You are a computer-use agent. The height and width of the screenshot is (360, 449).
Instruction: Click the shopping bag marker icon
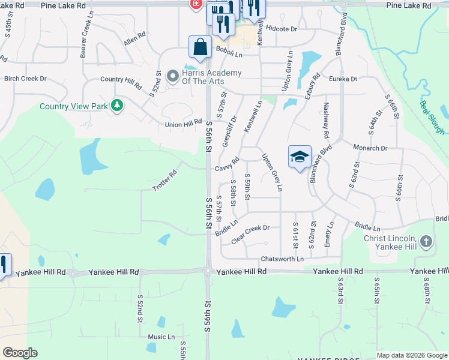coord(200,47)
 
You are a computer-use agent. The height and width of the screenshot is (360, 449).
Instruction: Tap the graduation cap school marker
coord(300,157)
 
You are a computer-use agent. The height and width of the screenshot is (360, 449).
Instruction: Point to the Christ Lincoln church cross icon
coord(426,241)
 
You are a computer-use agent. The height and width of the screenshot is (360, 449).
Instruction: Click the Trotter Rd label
coord(164,181)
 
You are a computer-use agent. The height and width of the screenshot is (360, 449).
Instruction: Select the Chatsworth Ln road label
coord(282,259)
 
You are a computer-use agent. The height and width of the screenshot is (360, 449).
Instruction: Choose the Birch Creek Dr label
coord(25,79)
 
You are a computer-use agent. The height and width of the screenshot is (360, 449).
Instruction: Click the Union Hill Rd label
coord(184,123)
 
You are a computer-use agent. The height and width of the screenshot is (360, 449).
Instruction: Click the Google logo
coord(20,353)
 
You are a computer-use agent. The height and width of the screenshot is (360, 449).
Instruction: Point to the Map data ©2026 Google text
coord(412,355)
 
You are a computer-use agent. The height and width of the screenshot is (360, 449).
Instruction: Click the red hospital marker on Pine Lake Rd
coord(196,4)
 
